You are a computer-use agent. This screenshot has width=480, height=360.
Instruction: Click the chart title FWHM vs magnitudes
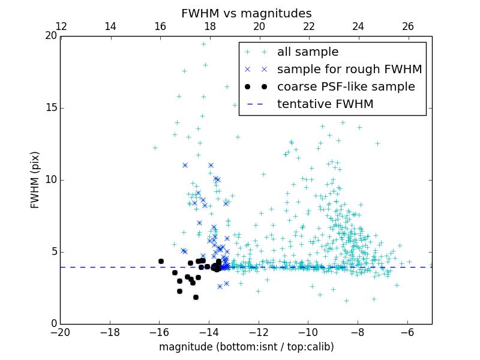tap(246, 13)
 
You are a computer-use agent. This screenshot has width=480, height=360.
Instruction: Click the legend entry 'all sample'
tap(308, 52)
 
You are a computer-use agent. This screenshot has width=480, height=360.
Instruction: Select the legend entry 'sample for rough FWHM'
tap(349, 70)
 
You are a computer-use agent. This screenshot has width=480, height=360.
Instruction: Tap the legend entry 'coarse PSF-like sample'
tap(346, 87)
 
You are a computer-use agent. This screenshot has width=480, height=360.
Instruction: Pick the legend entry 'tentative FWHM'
tap(325, 104)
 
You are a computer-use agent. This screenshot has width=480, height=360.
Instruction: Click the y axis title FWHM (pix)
tap(35, 180)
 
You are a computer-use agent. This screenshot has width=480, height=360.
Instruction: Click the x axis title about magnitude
tap(246, 347)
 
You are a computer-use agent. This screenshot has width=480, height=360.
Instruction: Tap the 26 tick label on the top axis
tap(407, 26)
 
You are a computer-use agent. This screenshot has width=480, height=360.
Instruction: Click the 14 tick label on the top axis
tap(110, 26)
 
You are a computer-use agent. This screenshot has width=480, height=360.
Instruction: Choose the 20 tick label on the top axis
tap(259, 26)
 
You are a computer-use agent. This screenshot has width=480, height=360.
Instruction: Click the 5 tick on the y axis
tap(53, 252)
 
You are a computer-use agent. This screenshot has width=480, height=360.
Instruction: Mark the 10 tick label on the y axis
tap(49, 180)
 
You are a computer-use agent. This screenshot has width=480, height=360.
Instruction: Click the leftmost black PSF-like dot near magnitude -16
tap(161, 261)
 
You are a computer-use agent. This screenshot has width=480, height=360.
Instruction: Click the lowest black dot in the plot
tap(196, 297)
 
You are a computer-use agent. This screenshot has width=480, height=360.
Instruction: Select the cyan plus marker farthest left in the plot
tap(155, 148)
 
